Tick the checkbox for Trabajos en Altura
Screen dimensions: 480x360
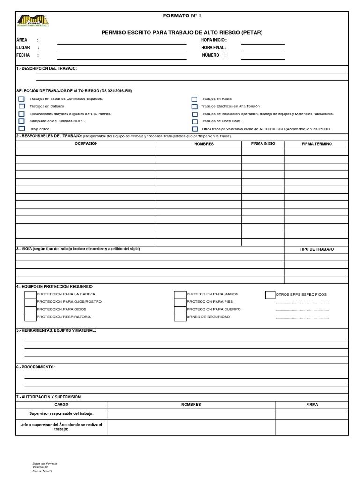(x=194, y=99)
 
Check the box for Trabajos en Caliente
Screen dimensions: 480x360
(x=22, y=106)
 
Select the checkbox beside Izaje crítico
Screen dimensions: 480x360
(x=22, y=128)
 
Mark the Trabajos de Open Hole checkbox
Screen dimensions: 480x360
(x=194, y=121)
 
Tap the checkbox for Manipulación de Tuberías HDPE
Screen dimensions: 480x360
(x=22, y=121)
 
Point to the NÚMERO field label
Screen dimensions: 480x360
(x=211, y=55)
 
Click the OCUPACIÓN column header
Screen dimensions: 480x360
(x=86, y=144)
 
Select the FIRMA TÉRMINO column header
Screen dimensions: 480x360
(x=316, y=144)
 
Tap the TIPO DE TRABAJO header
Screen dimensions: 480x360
(x=316, y=249)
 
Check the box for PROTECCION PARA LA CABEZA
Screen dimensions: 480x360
(x=30, y=294)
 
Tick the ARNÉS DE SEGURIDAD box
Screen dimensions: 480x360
(x=180, y=317)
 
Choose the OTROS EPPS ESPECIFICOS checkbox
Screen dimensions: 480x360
(x=270, y=294)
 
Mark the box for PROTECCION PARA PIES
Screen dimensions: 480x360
(x=180, y=302)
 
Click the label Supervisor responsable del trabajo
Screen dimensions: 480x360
(x=61, y=413)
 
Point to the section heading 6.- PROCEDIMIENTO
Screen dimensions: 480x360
(x=36, y=367)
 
